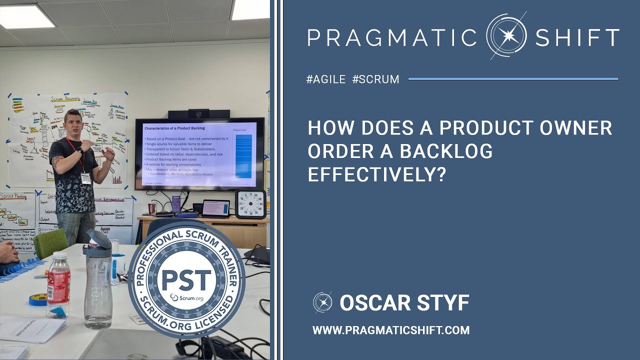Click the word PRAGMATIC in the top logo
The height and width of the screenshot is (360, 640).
click(392, 37)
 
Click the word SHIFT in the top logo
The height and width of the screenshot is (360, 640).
click(577, 37)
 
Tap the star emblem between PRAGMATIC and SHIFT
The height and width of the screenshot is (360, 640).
click(506, 36)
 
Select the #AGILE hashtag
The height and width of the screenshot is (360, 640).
click(326, 79)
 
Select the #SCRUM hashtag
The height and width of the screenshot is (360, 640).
click(375, 79)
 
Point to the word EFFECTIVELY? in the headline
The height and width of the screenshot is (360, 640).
click(376, 174)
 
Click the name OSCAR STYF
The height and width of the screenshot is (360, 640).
click(404, 302)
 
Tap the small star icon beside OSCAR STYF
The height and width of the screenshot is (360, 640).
click(322, 302)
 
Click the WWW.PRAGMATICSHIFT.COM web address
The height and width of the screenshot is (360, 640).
click(391, 330)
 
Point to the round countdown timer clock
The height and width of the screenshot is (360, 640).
click(250, 204)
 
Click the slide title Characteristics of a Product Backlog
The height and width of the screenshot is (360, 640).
click(172, 129)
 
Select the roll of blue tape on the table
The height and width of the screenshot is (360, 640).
click(37, 299)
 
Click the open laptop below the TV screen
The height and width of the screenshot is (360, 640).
click(216, 208)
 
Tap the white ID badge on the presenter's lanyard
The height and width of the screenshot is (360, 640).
click(86, 178)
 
